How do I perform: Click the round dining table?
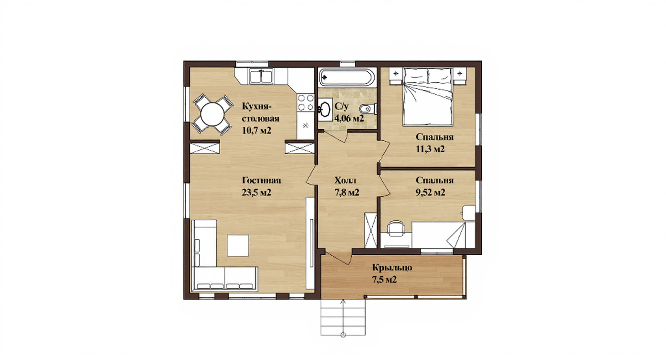pos(212,114)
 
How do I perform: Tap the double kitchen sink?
pos(261,76)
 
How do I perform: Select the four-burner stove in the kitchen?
pos(306,102)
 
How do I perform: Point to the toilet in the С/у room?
pos(368,109)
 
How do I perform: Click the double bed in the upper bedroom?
pos(428,96)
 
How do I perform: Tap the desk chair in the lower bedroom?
pos(396,228)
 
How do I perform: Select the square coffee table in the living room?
pos(238,245)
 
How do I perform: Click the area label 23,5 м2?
pos(256,192)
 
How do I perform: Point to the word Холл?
pos(345,180)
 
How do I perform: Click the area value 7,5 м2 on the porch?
pos(385,280)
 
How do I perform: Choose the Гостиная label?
pos(261,180)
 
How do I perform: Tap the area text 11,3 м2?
pos(430,149)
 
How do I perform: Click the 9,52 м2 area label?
pos(430,192)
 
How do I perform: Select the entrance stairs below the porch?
pos(343,317)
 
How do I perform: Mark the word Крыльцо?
pos(392,268)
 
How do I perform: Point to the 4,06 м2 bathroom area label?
pos(349,118)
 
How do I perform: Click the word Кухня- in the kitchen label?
pos(257,106)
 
